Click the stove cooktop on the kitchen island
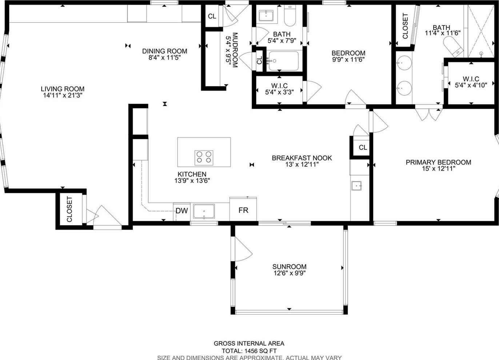pyautogui.click(x=204, y=158)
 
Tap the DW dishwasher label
pyautogui.click(x=182, y=211)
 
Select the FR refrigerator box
pyautogui.click(x=243, y=209)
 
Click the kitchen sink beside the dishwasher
pyautogui.click(x=204, y=211)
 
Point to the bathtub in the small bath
pyautogui.click(x=284, y=61)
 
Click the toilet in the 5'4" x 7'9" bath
pyautogui.click(x=290, y=16)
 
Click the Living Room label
pyautogui.click(x=63, y=89)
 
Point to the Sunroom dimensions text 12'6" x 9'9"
pyautogui.click(x=290, y=273)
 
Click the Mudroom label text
pyautogui.click(x=235, y=50)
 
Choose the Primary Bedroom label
pyautogui.click(x=438, y=162)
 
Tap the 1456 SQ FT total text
pyautogui.click(x=260, y=351)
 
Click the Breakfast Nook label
pyautogui.click(x=302, y=158)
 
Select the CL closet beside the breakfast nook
pyautogui.click(x=363, y=147)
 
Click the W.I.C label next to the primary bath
pyautogui.click(x=471, y=79)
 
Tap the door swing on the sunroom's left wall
pyautogui.click(x=243, y=249)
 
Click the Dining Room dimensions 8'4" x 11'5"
pyautogui.click(x=165, y=57)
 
